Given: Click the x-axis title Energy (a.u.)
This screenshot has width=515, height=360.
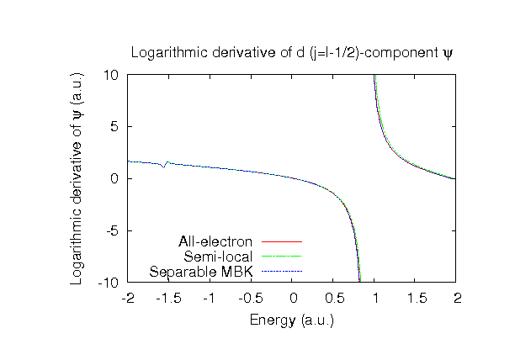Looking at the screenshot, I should (x=292, y=320).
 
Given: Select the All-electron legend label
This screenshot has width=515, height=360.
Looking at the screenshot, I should (x=215, y=242).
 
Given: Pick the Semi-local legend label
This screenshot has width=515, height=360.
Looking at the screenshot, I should (x=219, y=257).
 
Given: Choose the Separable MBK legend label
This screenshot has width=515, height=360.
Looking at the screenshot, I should (x=201, y=272).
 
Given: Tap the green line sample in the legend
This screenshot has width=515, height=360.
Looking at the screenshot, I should (x=281, y=257).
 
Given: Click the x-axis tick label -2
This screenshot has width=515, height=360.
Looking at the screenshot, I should (x=128, y=298).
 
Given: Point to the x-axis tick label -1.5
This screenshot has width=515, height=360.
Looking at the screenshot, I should (x=168, y=298).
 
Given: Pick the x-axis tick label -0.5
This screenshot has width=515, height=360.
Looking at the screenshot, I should (x=251, y=298).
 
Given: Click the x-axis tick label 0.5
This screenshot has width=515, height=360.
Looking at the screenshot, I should (x=334, y=298).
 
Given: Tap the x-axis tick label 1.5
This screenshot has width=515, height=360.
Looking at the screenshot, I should (x=417, y=298).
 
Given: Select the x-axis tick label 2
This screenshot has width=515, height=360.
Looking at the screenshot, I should (x=458, y=298).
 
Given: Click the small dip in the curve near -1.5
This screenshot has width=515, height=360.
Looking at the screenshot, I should (x=164, y=167).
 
